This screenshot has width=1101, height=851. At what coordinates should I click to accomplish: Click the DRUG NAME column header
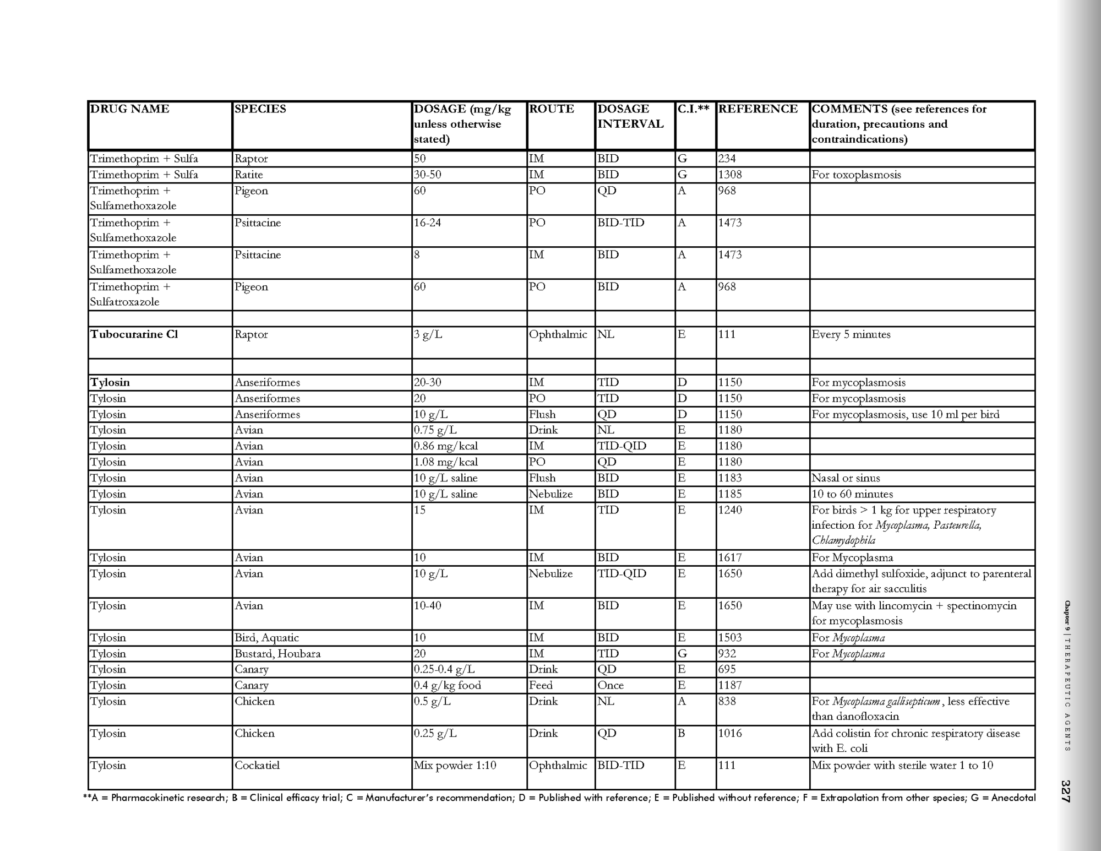[x=129, y=109]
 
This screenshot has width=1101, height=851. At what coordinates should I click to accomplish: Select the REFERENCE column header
[x=757, y=109]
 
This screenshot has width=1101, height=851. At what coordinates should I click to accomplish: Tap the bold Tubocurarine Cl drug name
[x=134, y=334]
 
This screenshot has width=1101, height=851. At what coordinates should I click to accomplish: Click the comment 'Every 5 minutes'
[x=851, y=334]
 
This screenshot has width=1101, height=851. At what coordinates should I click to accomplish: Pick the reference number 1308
[x=730, y=175]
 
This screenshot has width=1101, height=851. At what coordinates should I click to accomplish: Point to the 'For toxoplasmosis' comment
[x=857, y=175]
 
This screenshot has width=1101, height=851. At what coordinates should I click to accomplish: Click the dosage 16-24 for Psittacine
[x=428, y=223]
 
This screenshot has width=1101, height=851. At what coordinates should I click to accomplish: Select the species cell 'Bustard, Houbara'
[x=277, y=654]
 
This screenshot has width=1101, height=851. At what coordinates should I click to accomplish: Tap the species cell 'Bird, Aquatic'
[x=266, y=638]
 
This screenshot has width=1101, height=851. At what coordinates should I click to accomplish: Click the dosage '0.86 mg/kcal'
[x=446, y=446]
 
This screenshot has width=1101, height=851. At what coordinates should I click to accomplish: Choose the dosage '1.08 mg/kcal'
[x=446, y=462]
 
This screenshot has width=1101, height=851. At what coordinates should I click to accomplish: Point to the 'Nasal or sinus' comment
[x=846, y=478]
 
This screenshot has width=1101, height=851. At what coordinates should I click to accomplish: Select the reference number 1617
[x=730, y=557]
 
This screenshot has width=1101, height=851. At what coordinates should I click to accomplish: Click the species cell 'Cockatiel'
[x=257, y=766]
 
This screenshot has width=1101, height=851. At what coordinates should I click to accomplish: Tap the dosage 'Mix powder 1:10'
[x=455, y=766]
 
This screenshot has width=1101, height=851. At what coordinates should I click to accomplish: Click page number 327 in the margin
[x=1066, y=791]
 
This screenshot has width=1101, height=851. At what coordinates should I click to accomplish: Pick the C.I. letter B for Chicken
[x=681, y=734]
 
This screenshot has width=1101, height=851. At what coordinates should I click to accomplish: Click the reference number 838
[x=727, y=701]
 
